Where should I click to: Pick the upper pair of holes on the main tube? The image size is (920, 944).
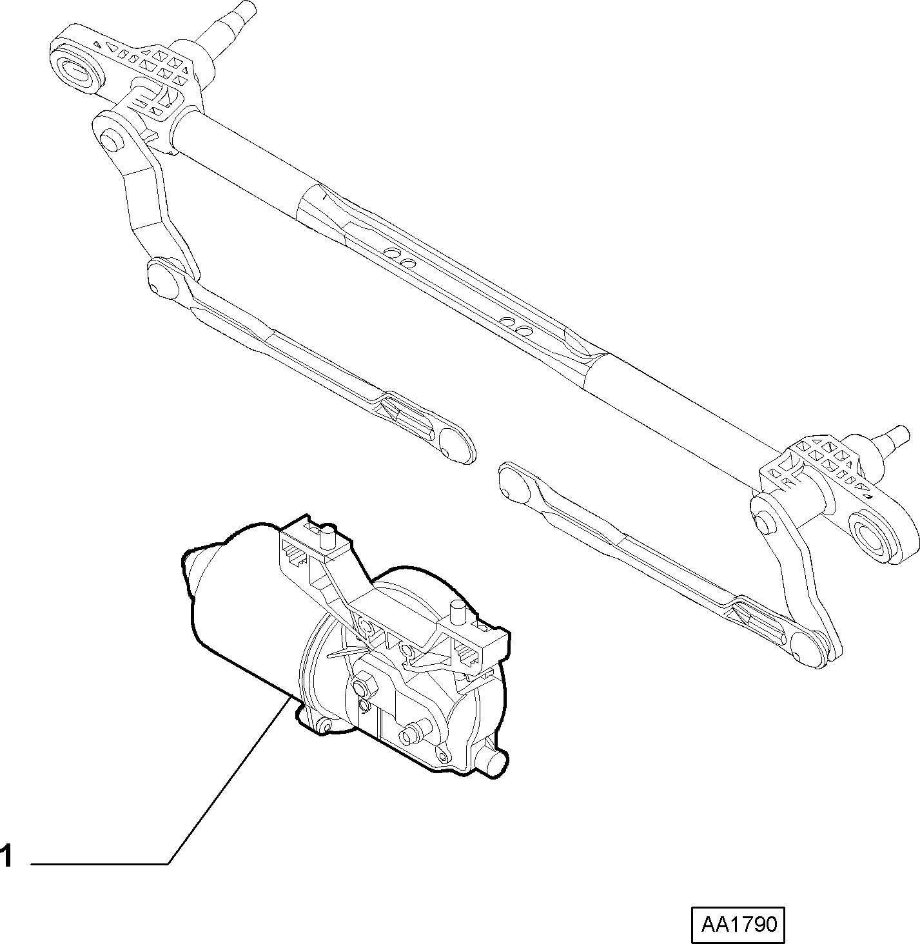pos(399,257)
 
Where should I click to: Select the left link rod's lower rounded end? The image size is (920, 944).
pos(456,444)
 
